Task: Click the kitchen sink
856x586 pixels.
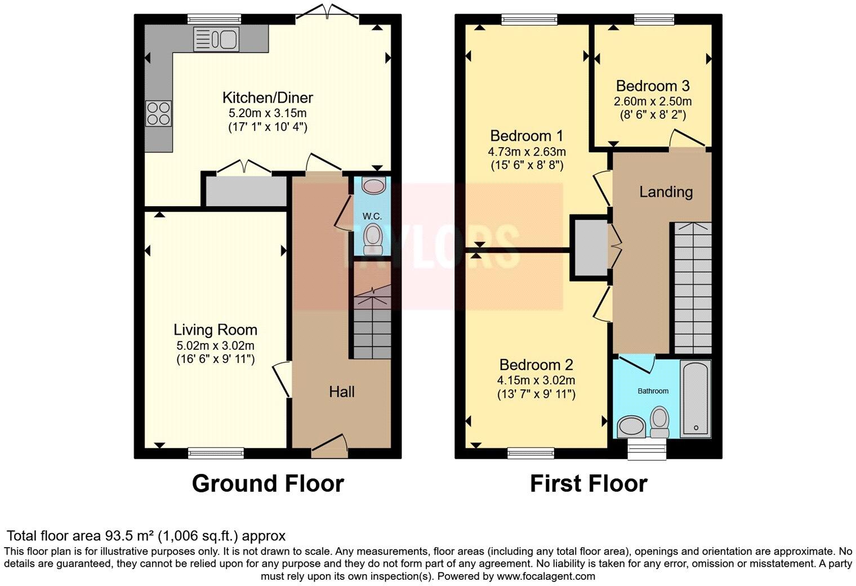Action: (217, 39)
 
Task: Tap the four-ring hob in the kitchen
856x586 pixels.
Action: (158, 113)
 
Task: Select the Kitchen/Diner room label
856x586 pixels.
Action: (267, 97)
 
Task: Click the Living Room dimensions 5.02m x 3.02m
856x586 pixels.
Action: (215, 345)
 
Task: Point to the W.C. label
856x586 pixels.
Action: (372, 216)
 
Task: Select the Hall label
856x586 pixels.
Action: (342, 392)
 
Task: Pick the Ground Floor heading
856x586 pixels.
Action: (267, 483)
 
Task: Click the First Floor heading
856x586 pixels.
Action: (588, 483)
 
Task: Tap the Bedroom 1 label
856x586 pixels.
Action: (527, 136)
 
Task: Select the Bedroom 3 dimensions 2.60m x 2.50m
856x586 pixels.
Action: (653, 102)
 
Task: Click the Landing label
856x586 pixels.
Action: (666, 192)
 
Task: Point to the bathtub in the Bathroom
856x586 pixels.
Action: (696, 399)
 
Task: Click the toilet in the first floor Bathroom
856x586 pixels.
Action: (659, 423)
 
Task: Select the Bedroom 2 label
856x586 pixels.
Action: (536, 365)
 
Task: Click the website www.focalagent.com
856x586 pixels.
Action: (546, 576)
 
